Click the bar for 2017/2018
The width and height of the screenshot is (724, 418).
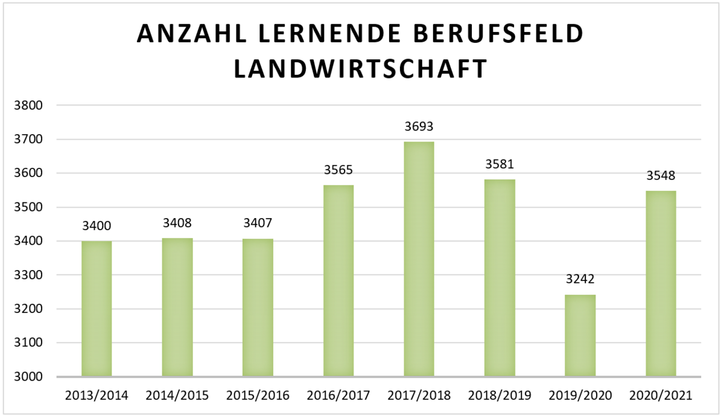(419, 260)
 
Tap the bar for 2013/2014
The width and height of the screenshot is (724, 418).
(97, 309)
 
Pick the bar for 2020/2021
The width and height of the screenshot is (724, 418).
(661, 284)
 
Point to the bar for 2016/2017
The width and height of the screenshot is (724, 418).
(338, 281)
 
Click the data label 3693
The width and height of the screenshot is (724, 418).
(419, 127)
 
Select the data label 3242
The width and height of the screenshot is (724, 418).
(580, 280)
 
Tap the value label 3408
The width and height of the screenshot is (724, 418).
(177, 223)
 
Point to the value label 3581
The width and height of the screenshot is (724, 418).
(500, 164)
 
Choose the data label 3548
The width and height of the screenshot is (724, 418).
(661, 176)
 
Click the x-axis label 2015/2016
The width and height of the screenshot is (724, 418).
(258, 396)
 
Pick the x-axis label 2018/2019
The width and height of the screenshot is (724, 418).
(500, 396)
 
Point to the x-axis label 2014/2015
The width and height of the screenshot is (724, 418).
(177, 396)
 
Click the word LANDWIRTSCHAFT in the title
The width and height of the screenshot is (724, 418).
(360, 69)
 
